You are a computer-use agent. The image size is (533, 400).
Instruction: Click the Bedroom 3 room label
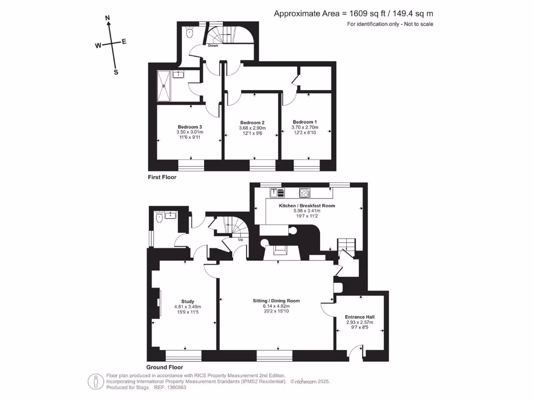point(189,127)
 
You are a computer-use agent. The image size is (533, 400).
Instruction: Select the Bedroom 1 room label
point(304,122)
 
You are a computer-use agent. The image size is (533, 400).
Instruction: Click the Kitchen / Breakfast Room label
point(307,206)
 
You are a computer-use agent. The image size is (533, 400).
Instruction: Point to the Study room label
point(187,302)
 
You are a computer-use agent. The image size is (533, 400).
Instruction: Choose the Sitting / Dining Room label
point(276,301)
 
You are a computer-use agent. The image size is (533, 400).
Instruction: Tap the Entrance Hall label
point(360,317)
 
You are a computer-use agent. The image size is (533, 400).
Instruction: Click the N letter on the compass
point(108,19)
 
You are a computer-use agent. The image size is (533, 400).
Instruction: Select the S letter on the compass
point(116,72)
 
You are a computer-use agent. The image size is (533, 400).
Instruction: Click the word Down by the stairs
point(213,46)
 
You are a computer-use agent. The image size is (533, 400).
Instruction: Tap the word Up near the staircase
point(240,240)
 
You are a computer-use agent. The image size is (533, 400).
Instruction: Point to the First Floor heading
point(162,178)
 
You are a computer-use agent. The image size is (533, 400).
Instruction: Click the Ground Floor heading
point(163,367)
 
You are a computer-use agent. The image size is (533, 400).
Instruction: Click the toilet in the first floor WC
point(189,33)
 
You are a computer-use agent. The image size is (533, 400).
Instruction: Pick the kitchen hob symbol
point(304,193)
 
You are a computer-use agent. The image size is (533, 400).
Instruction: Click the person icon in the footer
point(95,381)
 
